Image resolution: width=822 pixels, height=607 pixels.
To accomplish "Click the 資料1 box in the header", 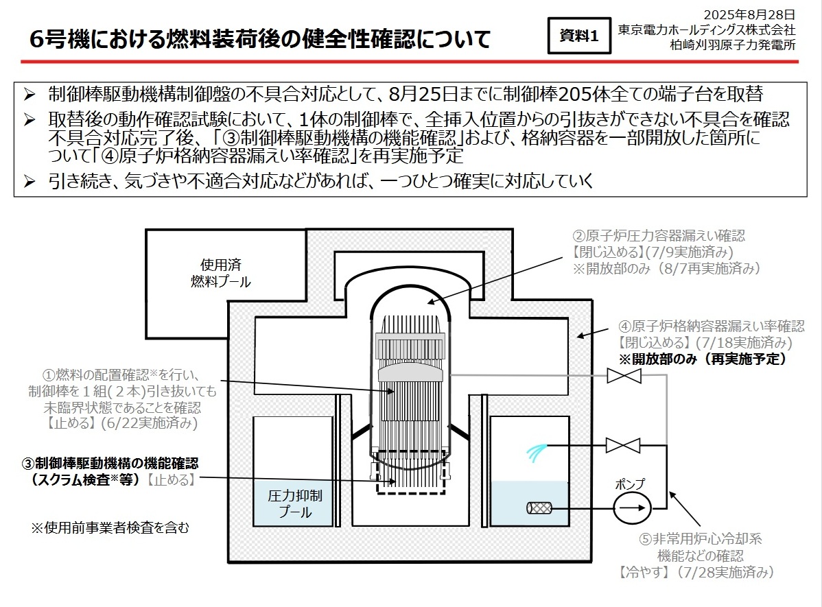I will (x=579, y=36).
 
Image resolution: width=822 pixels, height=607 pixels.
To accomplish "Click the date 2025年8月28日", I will (x=749, y=14).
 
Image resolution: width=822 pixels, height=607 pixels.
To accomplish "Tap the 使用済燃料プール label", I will (x=220, y=273).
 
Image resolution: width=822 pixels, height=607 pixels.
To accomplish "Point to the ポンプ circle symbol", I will (x=630, y=508).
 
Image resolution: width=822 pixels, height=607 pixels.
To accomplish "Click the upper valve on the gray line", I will (x=624, y=375).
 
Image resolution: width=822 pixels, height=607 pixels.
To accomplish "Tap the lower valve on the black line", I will (x=624, y=447).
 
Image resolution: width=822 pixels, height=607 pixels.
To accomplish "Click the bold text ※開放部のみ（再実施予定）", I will (x=702, y=359).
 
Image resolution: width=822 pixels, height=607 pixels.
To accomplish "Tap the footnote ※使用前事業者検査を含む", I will (x=110, y=528).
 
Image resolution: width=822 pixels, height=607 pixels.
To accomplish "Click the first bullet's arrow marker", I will (x=30, y=94).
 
